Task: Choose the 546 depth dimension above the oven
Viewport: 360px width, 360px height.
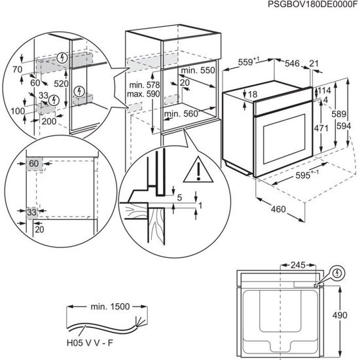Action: tap(292, 63)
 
